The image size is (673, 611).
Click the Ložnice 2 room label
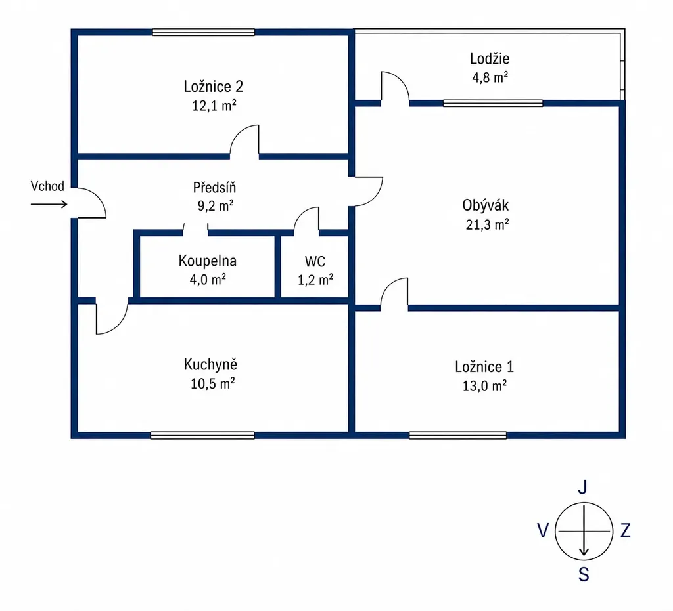pos(214,87)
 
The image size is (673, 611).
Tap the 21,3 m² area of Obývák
pos(487,224)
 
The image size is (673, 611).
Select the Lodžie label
pos(490,58)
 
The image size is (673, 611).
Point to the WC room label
pos(315,261)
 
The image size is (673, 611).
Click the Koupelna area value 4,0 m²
pos(208,280)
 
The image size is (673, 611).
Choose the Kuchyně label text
pos(210,365)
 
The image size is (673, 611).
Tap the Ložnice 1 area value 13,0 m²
pos(484,386)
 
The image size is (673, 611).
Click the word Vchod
pos(47,186)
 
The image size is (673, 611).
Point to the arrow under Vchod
pos(49,204)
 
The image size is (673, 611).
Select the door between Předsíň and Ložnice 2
pos(244,140)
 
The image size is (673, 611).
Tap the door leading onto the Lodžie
pos(395,87)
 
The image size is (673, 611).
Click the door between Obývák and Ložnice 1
pos(394,293)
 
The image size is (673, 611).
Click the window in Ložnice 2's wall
pos(204,32)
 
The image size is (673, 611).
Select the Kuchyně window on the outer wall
pos(202,435)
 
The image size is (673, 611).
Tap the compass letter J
pos(582,487)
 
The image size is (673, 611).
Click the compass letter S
pos(584,574)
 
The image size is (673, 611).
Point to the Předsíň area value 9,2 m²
pos(216,206)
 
